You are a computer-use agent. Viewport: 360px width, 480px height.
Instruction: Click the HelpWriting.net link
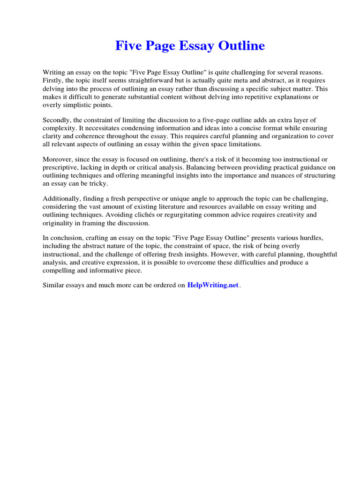(x=213, y=285)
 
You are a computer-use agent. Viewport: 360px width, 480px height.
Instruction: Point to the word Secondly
(x=58, y=120)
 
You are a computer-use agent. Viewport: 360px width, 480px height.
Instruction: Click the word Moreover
(x=58, y=159)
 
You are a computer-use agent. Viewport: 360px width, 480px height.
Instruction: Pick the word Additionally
(x=62, y=198)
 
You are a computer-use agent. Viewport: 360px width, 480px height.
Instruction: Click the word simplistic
(x=75, y=105)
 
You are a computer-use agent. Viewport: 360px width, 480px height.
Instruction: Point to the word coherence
(x=86, y=136)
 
